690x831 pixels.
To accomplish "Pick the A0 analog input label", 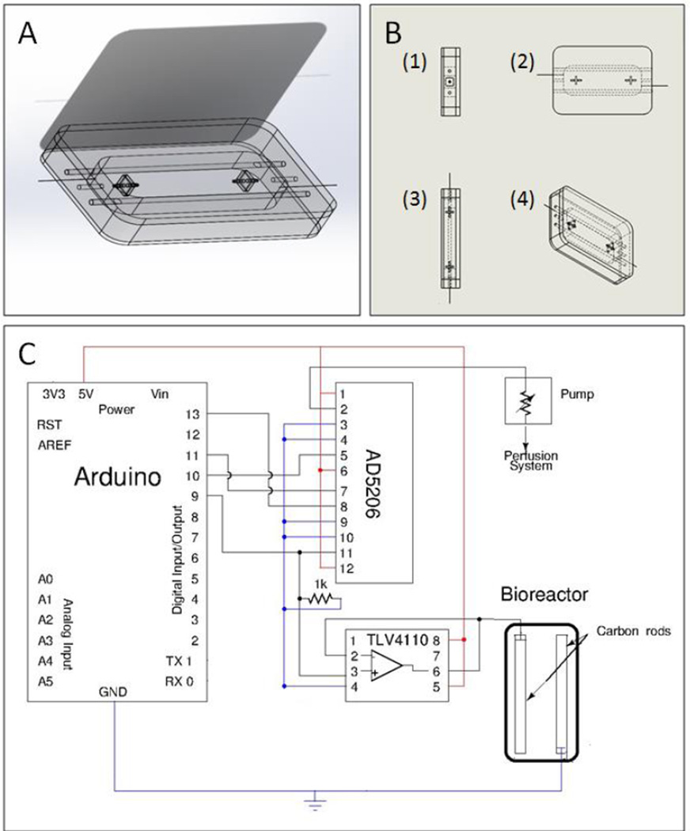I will click(46, 579).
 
